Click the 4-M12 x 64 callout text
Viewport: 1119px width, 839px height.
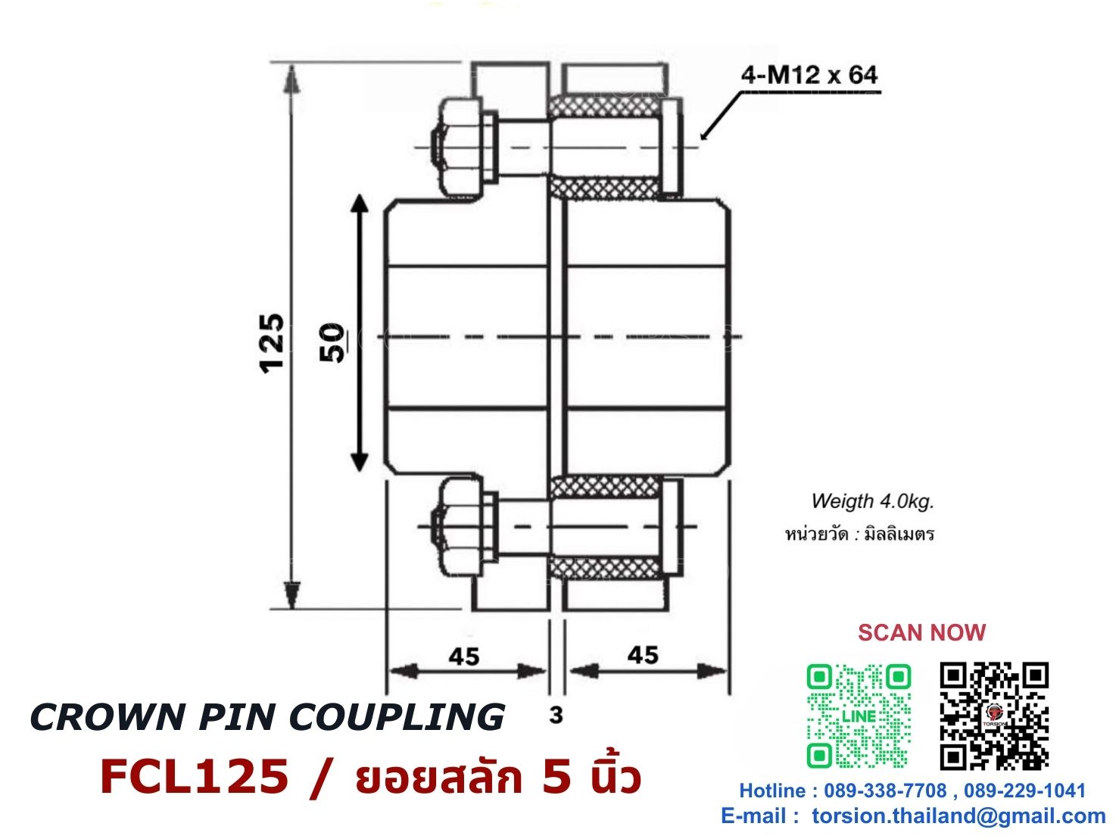click(x=809, y=76)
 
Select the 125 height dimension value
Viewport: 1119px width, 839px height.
click(x=272, y=345)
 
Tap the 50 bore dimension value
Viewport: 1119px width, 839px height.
click(x=332, y=342)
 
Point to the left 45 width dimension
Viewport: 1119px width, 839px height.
click(x=464, y=656)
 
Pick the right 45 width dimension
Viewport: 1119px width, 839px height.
click(x=643, y=655)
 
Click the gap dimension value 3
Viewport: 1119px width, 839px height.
click(x=556, y=715)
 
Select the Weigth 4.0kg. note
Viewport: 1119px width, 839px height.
click(x=872, y=501)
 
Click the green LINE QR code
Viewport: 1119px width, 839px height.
click(x=859, y=716)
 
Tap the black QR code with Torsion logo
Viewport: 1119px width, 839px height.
click(x=994, y=716)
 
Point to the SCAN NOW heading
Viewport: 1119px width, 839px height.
click(x=921, y=633)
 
